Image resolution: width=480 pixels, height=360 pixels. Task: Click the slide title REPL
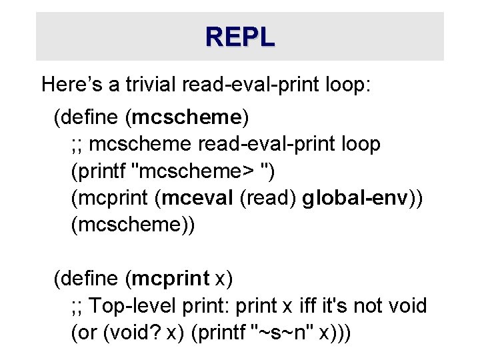point(240,37)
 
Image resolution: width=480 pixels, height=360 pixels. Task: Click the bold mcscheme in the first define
point(187,118)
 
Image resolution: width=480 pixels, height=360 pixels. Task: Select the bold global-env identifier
point(353,198)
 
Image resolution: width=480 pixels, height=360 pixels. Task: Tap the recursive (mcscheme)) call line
point(133,225)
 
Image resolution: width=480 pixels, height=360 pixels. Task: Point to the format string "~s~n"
point(281,333)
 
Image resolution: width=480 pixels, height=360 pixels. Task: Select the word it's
point(339,306)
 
